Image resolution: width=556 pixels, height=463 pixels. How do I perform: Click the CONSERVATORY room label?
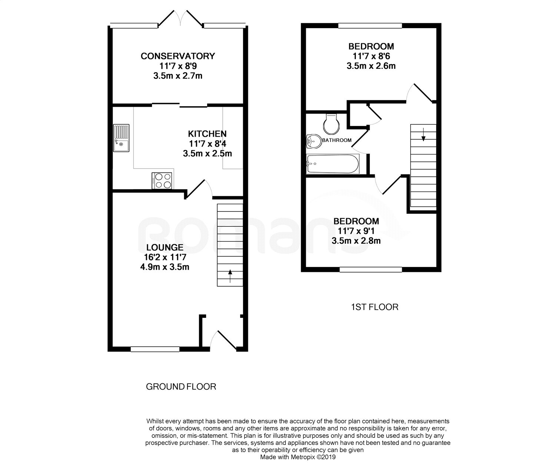178,56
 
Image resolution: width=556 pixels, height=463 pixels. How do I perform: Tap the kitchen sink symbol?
121,138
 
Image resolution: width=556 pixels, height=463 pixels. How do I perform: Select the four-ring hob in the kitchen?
162,181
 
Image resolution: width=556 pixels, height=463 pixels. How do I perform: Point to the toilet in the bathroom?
331,124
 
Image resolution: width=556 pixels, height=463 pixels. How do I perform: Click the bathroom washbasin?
314,141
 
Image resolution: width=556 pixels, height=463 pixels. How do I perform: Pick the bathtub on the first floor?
332,164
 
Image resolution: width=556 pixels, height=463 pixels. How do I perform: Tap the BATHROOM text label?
337,140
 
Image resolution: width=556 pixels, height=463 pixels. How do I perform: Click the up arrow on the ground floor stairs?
230,276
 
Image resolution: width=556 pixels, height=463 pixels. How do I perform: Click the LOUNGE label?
165,247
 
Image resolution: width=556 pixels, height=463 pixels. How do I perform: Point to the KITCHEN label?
207,134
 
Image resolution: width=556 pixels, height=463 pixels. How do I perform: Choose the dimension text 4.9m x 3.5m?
165,267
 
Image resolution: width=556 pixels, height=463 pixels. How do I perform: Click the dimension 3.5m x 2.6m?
371,66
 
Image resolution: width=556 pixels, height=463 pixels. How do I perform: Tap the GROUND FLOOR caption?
181,387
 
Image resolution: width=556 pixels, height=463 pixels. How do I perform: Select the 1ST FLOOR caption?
375,307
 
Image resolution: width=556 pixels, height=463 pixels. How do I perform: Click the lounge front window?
155,349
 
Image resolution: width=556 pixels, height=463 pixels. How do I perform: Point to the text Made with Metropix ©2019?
298,457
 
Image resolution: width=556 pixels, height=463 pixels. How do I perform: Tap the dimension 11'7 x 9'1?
356,231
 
